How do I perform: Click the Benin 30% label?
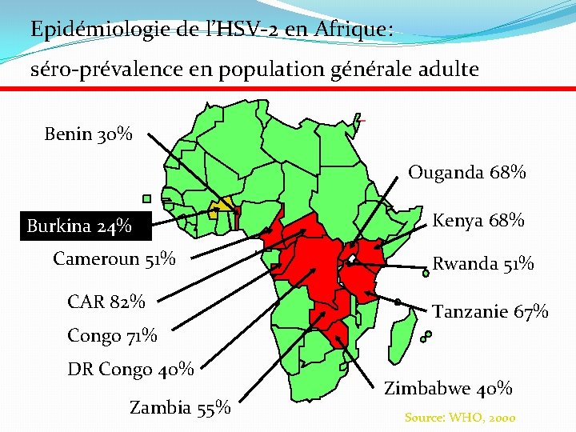click(89, 134)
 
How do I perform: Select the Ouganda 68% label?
click(467, 172)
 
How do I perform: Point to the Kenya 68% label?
click(478, 220)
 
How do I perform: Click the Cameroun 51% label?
click(114, 258)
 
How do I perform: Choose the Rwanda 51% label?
click(483, 264)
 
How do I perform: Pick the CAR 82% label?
click(106, 302)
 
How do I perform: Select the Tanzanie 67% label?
click(490, 310)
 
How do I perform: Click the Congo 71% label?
click(112, 335)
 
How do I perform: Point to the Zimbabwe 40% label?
click(448, 389)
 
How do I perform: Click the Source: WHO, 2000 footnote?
click(460, 417)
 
